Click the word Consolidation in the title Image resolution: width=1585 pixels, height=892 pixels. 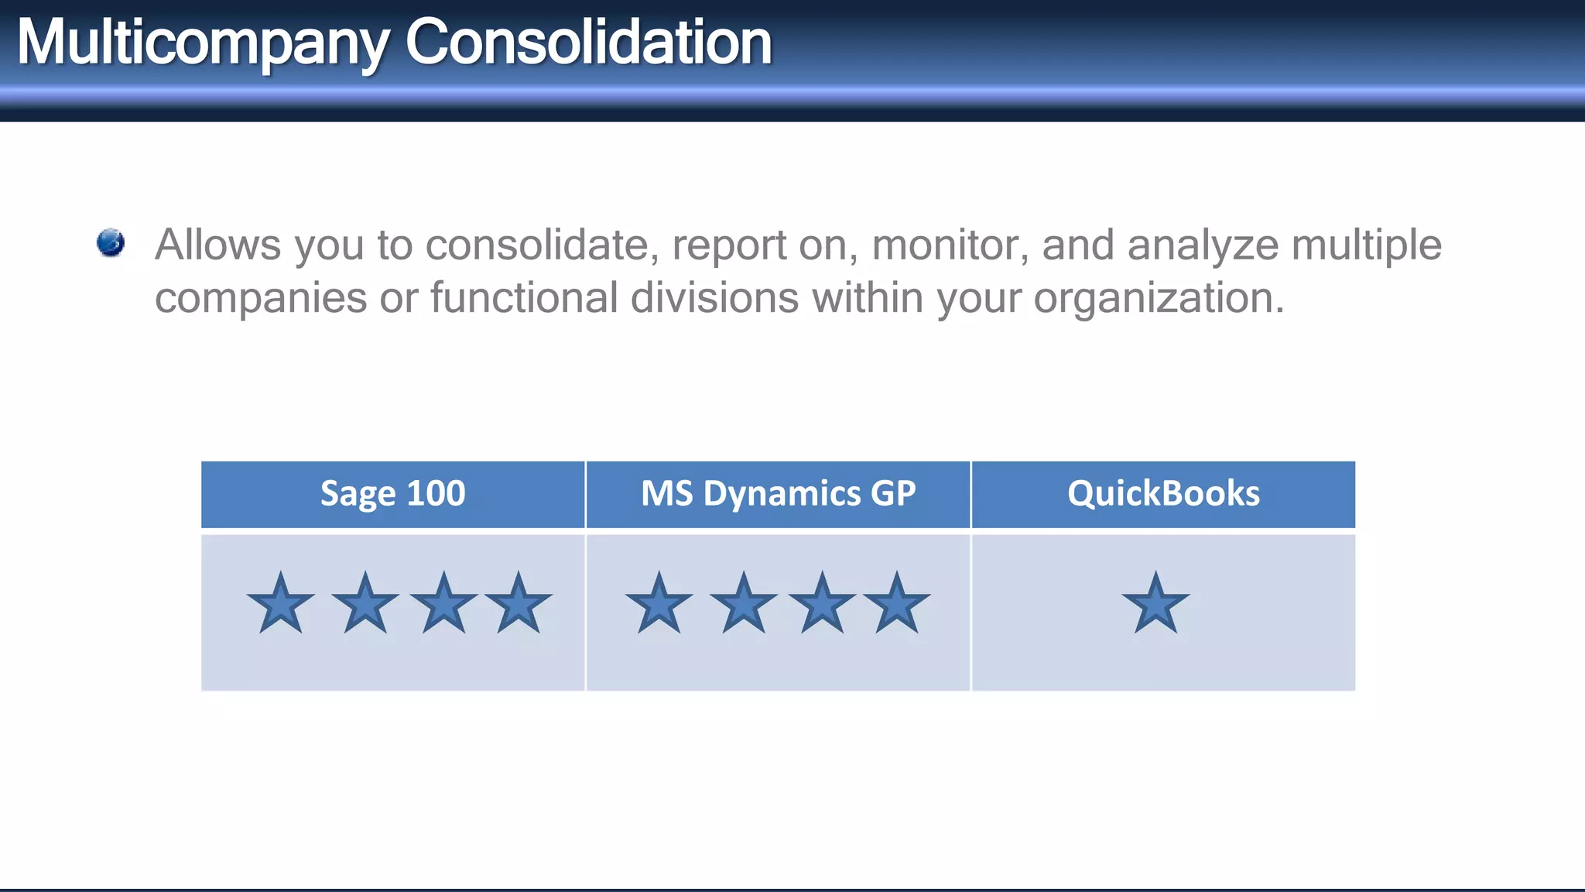(x=588, y=42)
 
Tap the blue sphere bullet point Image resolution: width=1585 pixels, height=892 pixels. (x=111, y=242)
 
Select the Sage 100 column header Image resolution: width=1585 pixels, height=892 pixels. (x=392, y=494)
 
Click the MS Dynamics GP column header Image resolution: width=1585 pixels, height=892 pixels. (x=778, y=494)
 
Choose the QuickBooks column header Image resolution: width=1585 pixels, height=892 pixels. (x=1163, y=494)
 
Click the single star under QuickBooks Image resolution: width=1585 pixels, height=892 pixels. (x=1155, y=605)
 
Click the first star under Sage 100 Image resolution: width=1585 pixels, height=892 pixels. (x=280, y=605)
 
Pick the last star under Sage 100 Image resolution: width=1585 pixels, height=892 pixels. (x=518, y=605)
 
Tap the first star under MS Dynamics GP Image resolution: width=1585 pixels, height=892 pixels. (x=659, y=605)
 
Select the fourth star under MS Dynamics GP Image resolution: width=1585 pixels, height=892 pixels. (x=896, y=605)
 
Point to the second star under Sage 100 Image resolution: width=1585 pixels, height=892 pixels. (x=365, y=605)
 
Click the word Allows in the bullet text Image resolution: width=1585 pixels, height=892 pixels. (x=217, y=245)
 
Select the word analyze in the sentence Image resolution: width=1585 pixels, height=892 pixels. (x=1203, y=246)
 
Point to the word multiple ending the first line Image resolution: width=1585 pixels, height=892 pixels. (x=1366, y=246)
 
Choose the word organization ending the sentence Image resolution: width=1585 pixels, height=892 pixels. (x=1159, y=299)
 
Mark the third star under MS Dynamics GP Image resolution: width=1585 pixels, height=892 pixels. (x=822, y=605)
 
